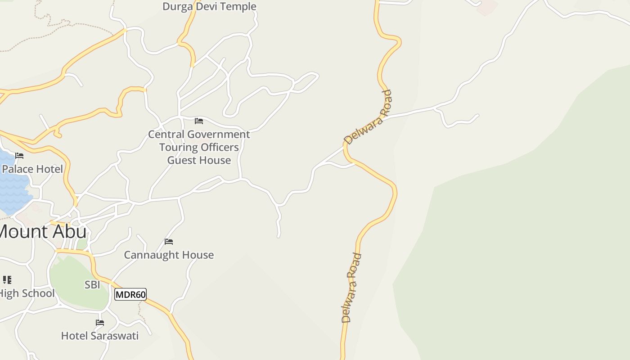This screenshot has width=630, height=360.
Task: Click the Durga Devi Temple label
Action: pyautogui.click(x=209, y=6)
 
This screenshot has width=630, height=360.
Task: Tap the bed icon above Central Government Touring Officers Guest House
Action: pyautogui.click(x=199, y=121)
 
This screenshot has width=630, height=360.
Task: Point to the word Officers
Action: pyautogui.click(x=220, y=147)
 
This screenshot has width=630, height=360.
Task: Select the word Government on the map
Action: pyautogui.click(x=218, y=134)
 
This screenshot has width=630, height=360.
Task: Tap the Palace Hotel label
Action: pyautogui.click(x=32, y=169)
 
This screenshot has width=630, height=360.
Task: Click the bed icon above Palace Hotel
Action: pyautogui.click(x=19, y=156)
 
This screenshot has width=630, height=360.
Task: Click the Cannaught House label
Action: pyautogui.click(x=169, y=255)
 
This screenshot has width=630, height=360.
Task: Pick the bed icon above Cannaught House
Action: pyautogui.click(x=169, y=242)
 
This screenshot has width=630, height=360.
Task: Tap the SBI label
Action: pyautogui.click(x=92, y=284)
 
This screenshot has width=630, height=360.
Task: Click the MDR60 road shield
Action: pyautogui.click(x=130, y=295)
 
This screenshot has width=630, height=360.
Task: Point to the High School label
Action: pyautogui.click(x=27, y=293)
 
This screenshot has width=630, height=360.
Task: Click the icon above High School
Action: pyautogui.click(x=7, y=280)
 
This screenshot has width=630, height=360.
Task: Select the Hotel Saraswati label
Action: pyautogui.click(x=100, y=336)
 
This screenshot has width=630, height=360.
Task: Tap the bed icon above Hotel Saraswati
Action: pyautogui.click(x=100, y=323)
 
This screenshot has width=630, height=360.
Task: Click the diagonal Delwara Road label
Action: pyautogui.click(x=368, y=117)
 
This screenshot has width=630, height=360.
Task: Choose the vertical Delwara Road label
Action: pyautogui.click(x=351, y=288)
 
